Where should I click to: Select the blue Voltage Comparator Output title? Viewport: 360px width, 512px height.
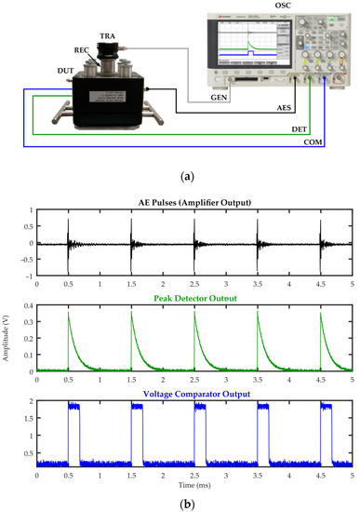[x=193, y=393]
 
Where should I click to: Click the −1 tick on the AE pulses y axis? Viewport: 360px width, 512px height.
[x=28, y=276]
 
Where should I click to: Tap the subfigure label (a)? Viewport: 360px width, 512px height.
[x=180, y=173]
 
